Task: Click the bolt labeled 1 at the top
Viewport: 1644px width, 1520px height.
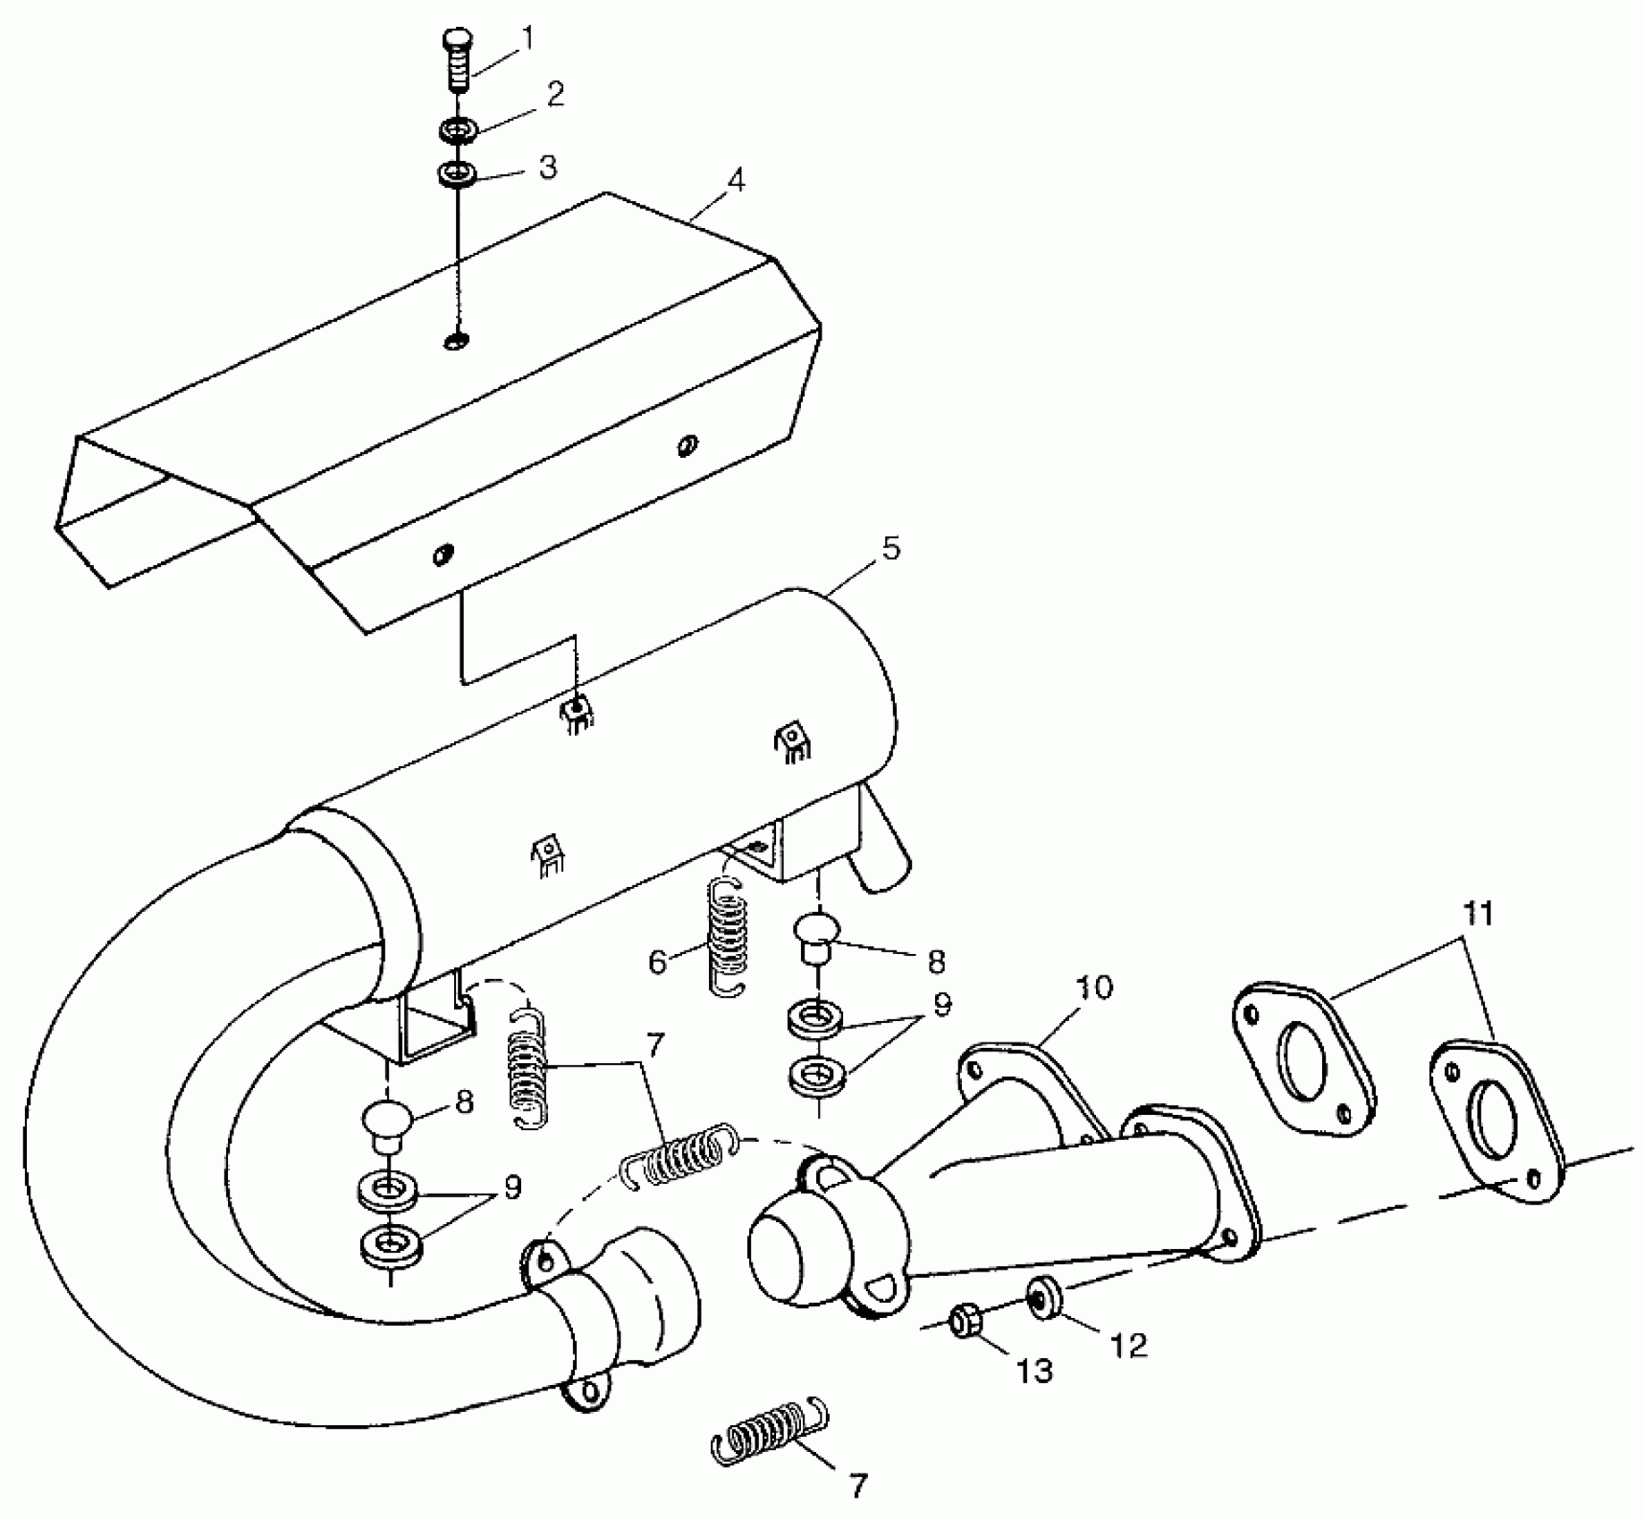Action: click(x=458, y=61)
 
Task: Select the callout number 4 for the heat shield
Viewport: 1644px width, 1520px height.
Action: click(x=735, y=180)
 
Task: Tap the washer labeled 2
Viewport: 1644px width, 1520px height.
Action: click(x=457, y=131)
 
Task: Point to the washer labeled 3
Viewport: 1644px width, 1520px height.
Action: click(x=456, y=173)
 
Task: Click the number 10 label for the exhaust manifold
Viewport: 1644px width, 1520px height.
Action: click(x=1094, y=988)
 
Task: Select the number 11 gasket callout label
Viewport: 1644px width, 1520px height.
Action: click(x=1479, y=915)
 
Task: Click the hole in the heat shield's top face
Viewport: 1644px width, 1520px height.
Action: click(x=457, y=341)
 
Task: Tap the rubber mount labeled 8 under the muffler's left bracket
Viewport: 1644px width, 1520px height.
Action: click(x=387, y=1120)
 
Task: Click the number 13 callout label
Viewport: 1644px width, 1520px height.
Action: click(x=1034, y=1370)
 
